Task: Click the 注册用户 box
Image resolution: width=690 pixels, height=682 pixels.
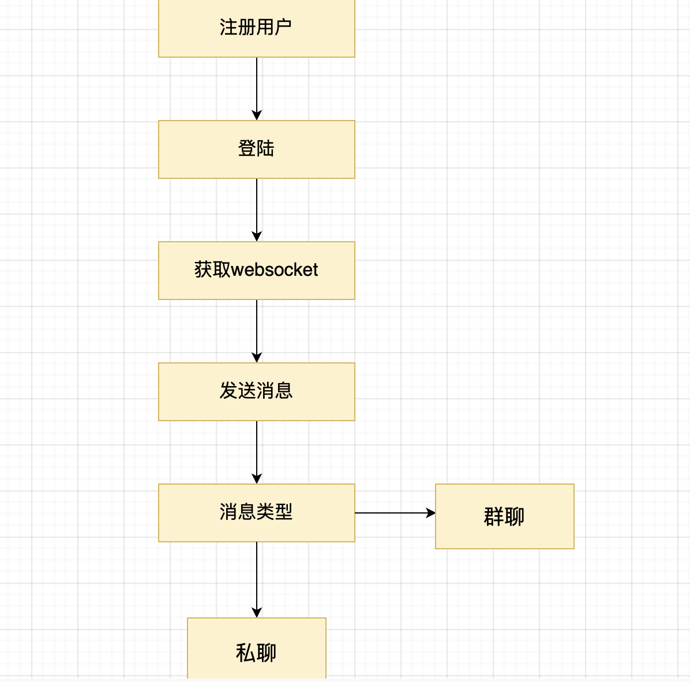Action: click(256, 28)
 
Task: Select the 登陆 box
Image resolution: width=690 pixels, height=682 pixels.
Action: click(256, 149)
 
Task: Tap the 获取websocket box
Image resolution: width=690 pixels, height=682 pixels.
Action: click(256, 270)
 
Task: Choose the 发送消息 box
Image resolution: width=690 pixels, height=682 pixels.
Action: click(256, 391)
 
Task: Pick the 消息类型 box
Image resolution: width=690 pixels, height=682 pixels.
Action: click(256, 512)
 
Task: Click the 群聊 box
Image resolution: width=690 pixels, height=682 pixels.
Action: click(504, 516)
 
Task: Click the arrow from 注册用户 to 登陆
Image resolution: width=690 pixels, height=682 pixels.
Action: click(257, 87)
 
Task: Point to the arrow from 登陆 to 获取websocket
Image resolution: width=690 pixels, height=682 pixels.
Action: click(257, 208)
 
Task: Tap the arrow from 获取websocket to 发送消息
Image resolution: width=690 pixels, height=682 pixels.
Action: click(257, 329)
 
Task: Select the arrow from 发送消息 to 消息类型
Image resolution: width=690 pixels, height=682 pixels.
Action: click(257, 450)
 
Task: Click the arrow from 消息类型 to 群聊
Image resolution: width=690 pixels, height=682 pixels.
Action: click(392, 512)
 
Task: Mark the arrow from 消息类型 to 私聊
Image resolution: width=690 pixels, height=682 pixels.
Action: click(257, 577)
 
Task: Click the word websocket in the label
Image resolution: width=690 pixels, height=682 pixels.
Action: click(275, 270)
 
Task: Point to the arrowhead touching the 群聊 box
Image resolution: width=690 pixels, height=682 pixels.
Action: click(430, 512)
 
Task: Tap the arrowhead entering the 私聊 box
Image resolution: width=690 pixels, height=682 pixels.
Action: click(257, 613)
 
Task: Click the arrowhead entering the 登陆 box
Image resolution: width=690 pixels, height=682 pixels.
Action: click(257, 115)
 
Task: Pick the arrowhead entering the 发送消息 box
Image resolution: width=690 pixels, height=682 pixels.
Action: click(257, 358)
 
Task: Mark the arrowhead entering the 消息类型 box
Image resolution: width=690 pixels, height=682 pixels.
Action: click(257, 479)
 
